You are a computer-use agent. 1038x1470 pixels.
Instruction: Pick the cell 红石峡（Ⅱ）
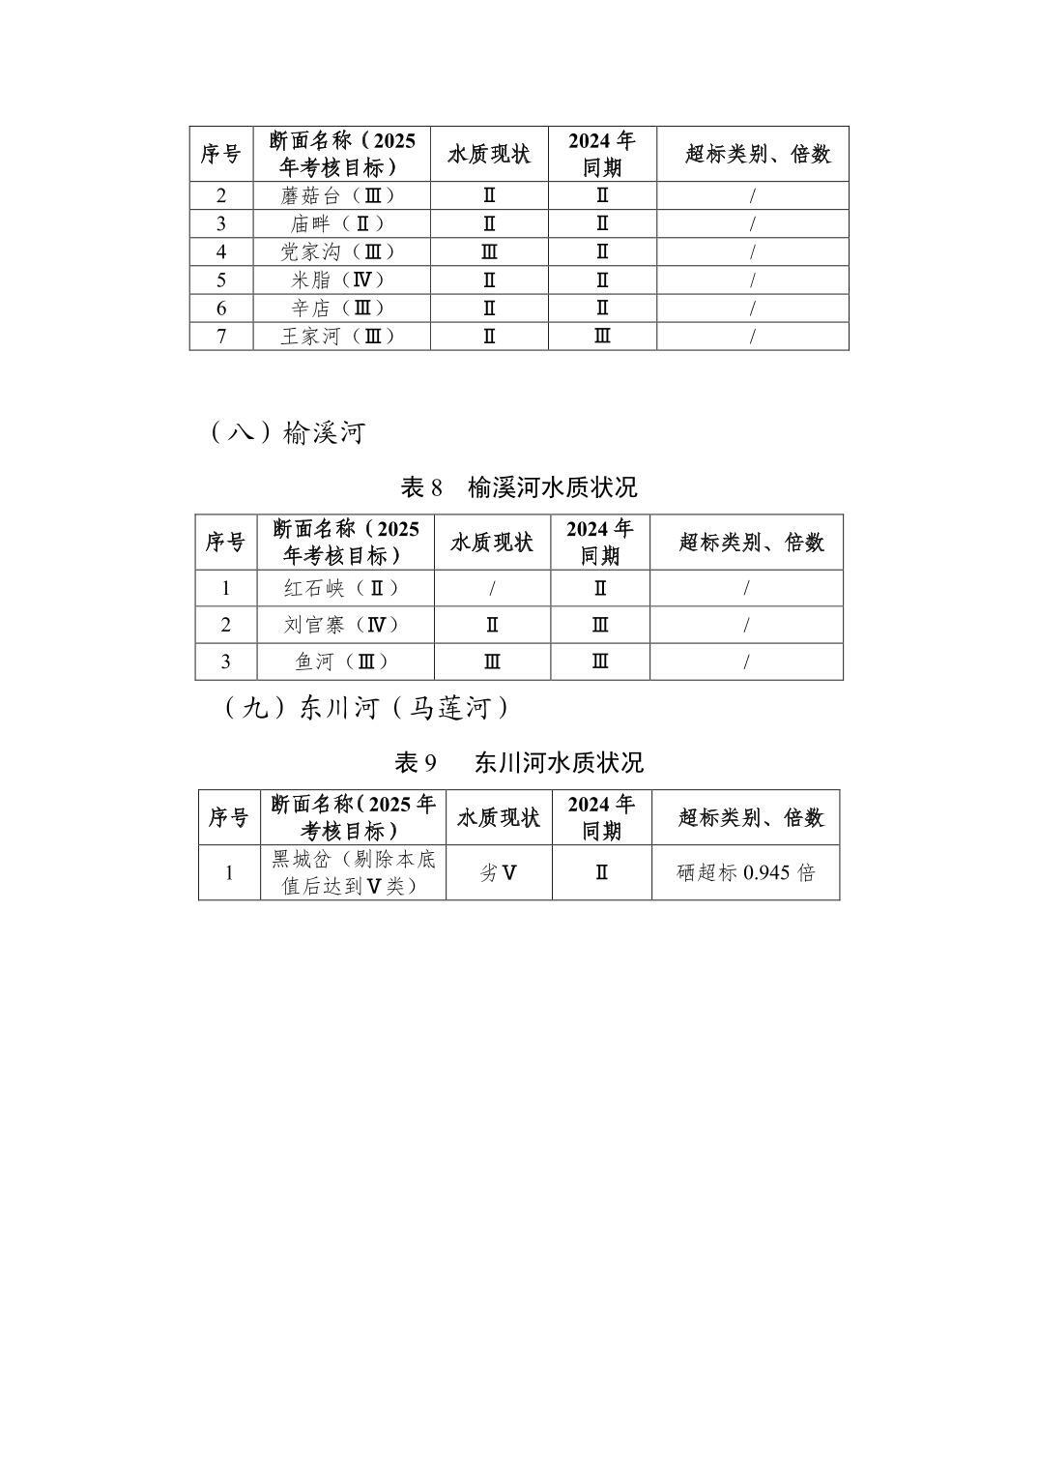344,588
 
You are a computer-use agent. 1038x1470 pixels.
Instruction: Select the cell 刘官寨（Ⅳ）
344,625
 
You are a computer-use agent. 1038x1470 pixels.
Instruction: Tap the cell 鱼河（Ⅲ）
344,661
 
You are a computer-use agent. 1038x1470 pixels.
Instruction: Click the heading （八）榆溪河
286,432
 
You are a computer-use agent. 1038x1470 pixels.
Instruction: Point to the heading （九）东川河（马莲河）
366,708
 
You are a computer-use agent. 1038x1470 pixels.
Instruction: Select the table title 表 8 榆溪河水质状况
519,486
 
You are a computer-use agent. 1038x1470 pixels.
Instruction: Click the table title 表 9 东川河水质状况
519,762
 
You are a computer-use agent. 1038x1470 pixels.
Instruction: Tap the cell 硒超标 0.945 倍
745,872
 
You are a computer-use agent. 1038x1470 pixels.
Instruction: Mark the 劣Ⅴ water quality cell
499,872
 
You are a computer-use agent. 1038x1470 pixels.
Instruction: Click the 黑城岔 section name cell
353,872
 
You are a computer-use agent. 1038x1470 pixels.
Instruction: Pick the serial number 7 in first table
221,336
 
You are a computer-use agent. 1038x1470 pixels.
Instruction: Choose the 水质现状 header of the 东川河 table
499,817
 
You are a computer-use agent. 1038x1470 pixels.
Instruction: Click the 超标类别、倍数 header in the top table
753,154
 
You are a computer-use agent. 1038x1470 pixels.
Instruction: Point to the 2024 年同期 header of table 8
600,542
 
